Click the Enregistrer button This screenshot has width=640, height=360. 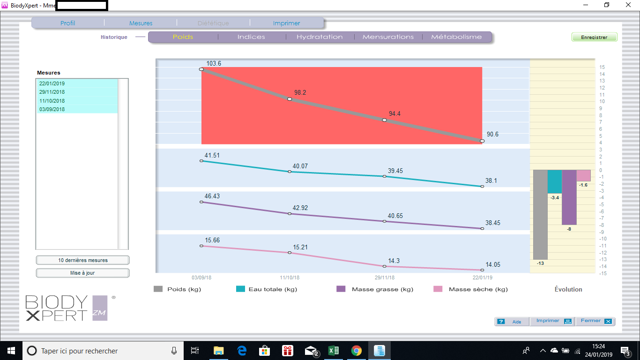tap(594, 37)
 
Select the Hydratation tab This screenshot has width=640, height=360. tap(320, 37)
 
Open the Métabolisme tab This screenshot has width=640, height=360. tap(456, 37)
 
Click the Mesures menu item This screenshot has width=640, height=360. tap(141, 23)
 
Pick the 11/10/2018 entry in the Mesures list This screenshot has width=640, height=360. tap(52, 101)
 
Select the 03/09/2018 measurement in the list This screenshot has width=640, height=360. tap(52, 109)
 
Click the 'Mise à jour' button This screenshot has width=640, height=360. tap(82, 273)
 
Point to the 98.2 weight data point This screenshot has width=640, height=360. tap(290, 99)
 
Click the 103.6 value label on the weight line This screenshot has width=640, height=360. tap(214, 63)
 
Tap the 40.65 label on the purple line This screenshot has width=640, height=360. tap(395, 216)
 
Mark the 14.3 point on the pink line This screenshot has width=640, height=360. tap(384, 266)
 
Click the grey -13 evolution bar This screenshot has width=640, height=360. tap(540, 215)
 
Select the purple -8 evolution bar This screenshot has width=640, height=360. tap(569, 197)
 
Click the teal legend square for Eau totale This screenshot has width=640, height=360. tap(240, 289)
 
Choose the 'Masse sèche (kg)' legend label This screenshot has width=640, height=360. tap(478, 289)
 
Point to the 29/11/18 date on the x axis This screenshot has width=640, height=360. tap(385, 277)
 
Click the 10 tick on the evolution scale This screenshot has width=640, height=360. tap(602, 102)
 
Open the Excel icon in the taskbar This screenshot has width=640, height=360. tap(334, 351)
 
